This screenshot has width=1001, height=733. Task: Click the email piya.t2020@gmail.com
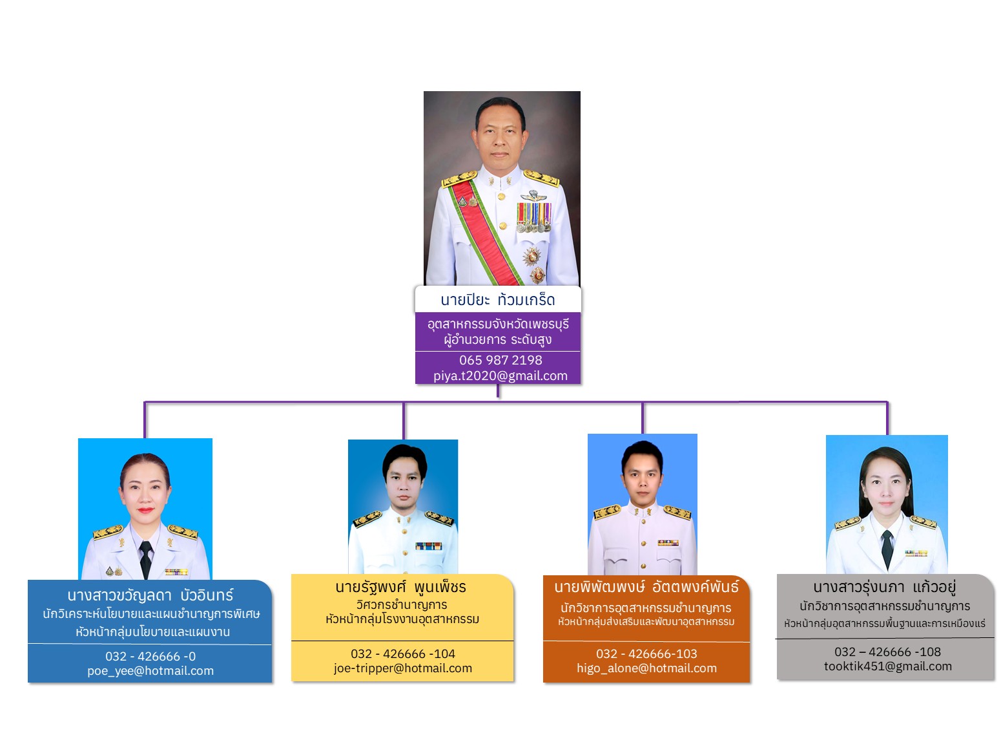(500, 376)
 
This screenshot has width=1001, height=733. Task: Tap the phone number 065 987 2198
(500, 360)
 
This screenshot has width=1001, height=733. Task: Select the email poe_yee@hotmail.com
(150, 671)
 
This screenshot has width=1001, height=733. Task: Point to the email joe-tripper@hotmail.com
(402, 668)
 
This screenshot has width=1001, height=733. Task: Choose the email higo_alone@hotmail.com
(646, 668)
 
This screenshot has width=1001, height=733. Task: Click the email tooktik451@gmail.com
(888, 666)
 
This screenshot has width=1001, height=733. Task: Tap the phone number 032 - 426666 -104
(403, 654)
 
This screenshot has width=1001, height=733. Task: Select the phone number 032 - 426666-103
(646, 654)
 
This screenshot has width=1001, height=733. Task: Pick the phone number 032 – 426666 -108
(887, 652)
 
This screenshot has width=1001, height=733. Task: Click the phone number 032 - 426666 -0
(150, 657)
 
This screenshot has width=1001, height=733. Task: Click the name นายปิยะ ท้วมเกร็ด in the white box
(498, 300)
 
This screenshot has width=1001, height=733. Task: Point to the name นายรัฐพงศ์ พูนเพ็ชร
(401, 587)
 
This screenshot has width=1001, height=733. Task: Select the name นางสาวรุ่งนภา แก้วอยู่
(885, 587)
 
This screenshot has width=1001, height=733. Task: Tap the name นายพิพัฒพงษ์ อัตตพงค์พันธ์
(646, 586)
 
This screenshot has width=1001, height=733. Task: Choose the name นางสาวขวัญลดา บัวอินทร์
(150, 595)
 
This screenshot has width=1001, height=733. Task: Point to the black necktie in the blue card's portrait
(146, 560)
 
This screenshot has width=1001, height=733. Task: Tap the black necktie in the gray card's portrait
(887, 549)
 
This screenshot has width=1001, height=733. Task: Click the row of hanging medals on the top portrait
(534, 217)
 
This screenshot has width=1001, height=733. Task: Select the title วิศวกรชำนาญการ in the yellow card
(402, 604)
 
